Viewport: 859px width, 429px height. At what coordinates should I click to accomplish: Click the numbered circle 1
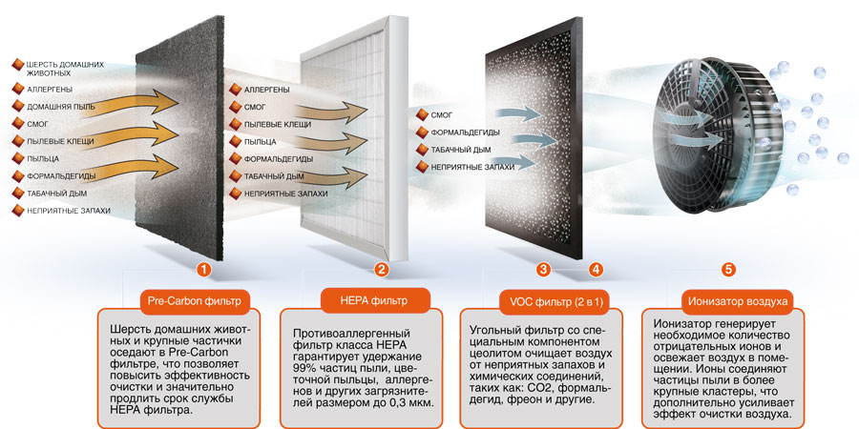pos(204,270)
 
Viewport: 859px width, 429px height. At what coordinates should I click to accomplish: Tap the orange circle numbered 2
pos(381,270)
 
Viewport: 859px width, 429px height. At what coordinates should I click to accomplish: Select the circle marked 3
pos(543,270)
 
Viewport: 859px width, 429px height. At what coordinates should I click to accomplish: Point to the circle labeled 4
pos(596,270)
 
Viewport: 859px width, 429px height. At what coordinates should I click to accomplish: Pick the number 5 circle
pos(728,270)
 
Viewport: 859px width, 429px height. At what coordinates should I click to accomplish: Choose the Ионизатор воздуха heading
pos(737,301)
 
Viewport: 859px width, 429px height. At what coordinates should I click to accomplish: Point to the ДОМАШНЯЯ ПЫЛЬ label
pos(61,107)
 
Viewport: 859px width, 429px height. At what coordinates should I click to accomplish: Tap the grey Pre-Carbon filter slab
pos(177,133)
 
